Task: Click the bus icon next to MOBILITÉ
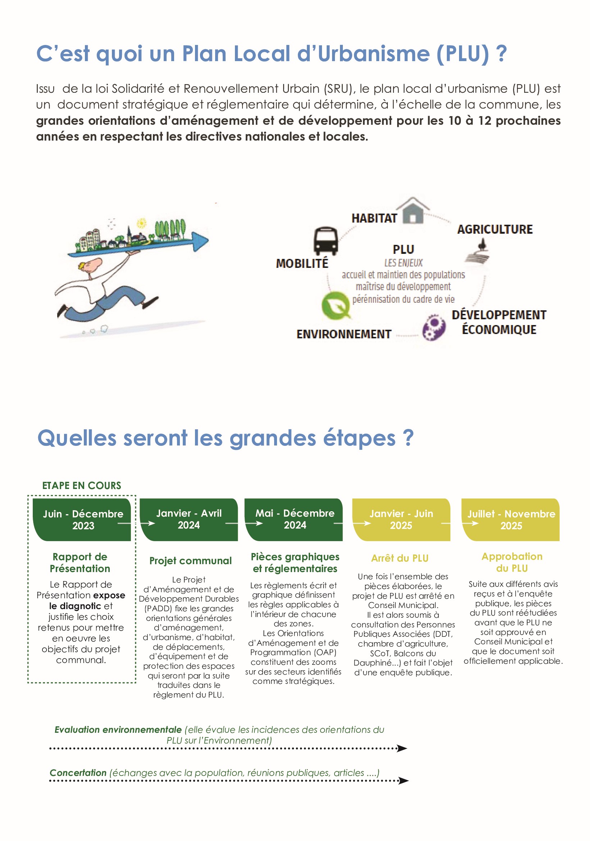(326, 241)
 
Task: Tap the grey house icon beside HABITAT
(413, 211)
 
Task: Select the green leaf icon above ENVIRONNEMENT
(335, 305)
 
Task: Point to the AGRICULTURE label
(495, 229)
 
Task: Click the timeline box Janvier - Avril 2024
(189, 519)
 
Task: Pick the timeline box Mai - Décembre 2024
(295, 519)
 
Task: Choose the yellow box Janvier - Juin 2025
(401, 520)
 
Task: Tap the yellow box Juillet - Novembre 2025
(511, 520)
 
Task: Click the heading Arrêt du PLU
(399, 558)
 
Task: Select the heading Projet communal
(190, 561)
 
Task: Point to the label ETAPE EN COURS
(82, 486)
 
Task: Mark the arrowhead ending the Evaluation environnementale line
(402, 748)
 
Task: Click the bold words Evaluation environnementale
(118, 730)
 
